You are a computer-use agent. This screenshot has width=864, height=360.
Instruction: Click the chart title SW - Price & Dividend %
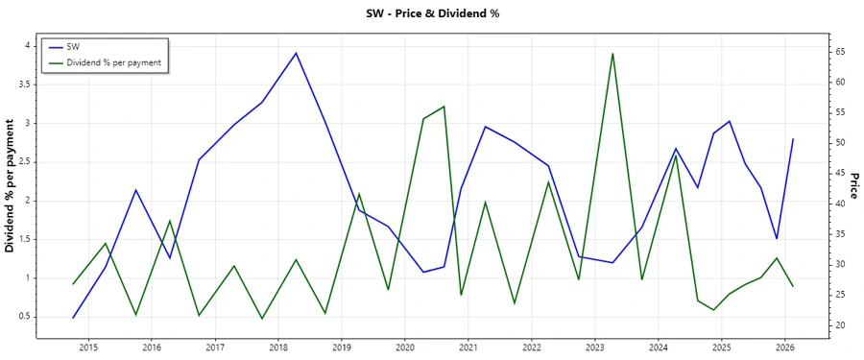click(x=433, y=13)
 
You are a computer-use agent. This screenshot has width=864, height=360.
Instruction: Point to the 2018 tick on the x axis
click(x=278, y=348)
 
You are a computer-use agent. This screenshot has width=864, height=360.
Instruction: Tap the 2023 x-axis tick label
click(x=595, y=348)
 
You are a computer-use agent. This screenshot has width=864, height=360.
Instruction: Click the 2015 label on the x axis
click(x=88, y=348)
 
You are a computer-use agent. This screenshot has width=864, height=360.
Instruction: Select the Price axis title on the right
click(x=853, y=186)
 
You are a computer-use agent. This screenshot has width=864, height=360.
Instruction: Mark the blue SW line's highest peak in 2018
click(x=296, y=53)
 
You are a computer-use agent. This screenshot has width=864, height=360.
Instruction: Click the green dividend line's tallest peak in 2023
click(x=612, y=54)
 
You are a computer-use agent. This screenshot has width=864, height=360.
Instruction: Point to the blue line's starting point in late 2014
click(x=73, y=318)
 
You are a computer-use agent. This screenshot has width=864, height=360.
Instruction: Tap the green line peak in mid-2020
click(x=444, y=107)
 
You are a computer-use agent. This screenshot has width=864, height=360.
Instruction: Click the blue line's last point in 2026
click(x=793, y=139)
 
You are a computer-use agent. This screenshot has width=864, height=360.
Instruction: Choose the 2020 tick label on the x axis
click(x=405, y=348)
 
